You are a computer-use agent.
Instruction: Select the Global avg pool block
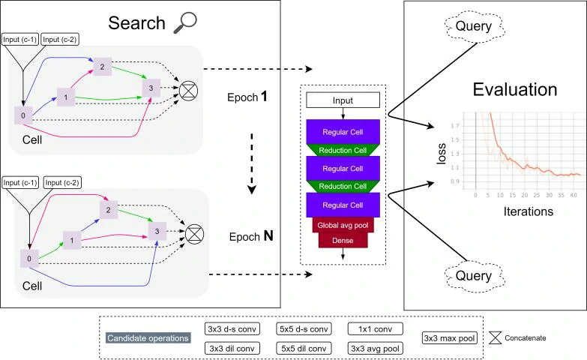click(343, 225)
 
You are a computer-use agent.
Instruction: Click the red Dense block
click(343, 241)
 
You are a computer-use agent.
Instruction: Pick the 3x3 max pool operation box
click(450, 338)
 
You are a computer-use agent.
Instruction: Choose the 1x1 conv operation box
click(376, 328)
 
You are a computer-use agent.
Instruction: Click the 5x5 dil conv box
click(304, 348)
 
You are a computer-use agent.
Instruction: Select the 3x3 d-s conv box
click(232, 328)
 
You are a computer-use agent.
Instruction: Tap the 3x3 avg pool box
click(376, 348)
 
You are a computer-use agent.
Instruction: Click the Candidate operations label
click(147, 338)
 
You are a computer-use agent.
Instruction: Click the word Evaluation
click(514, 90)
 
